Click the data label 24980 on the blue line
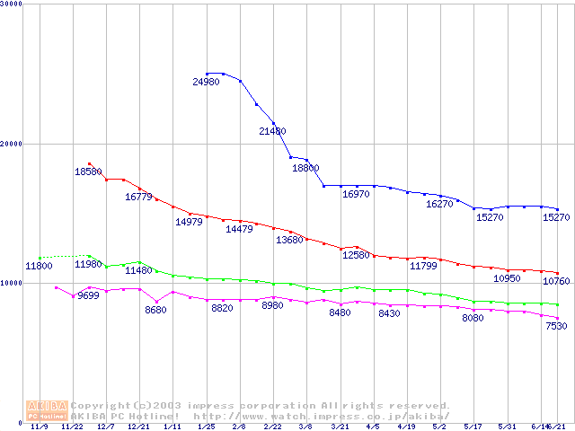pyautogui.click(x=207, y=82)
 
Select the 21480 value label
pyautogui.click(x=272, y=131)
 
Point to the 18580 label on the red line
pyautogui.click(x=88, y=172)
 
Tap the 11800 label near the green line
pyautogui.click(x=39, y=266)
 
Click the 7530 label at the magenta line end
pyautogui.click(x=556, y=326)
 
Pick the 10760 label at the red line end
pyautogui.click(x=556, y=280)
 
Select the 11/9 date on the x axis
pyautogui.click(x=39, y=427)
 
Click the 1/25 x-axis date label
pyautogui.click(x=207, y=427)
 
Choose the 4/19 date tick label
pyautogui.click(x=406, y=427)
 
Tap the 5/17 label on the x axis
pyautogui.click(x=473, y=427)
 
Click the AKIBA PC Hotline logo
pyautogui.click(x=47, y=410)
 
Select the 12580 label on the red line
pyautogui.click(x=356, y=256)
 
